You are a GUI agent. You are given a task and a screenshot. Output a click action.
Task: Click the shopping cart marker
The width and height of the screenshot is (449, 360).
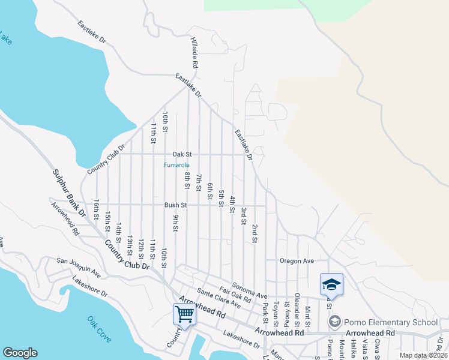click(x=184, y=314)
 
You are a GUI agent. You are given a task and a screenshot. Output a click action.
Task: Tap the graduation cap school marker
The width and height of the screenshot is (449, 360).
click(x=330, y=285)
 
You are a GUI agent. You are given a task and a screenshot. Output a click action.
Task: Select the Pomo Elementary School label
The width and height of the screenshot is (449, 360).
click(x=388, y=322)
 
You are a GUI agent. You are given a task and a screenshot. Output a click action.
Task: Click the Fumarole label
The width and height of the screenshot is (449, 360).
click(x=177, y=164)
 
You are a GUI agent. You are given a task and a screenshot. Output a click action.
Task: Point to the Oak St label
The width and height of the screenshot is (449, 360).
click(x=181, y=154)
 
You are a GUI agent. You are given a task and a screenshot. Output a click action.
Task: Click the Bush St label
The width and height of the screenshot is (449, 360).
click(x=176, y=205)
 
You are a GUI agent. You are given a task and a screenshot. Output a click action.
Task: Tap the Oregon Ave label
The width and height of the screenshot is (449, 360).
click(x=297, y=261)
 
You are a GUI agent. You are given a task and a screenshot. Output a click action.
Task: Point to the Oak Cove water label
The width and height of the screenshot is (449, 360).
click(x=99, y=329)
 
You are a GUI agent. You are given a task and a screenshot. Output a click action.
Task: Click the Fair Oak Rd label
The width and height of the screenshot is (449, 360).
click(x=235, y=294)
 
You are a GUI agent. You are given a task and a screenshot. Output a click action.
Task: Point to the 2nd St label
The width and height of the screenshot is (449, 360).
click(x=255, y=233)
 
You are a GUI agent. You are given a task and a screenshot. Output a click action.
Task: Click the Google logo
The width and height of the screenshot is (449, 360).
click(x=20, y=353)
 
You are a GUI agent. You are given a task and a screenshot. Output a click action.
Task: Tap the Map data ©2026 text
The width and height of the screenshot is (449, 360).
click(x=423, y=355)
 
